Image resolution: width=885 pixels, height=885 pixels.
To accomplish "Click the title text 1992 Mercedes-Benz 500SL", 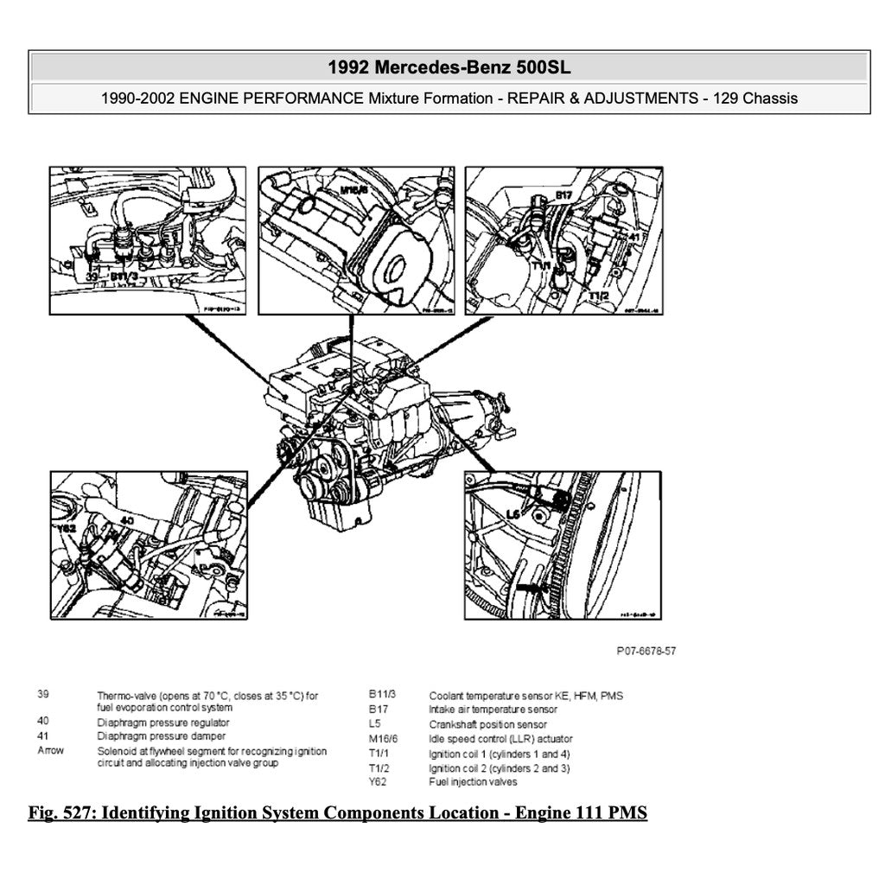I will [449, 67].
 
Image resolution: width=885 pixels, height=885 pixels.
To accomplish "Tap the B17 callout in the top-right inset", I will [563, 196].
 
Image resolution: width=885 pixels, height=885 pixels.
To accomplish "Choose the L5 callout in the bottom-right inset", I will [513, 513].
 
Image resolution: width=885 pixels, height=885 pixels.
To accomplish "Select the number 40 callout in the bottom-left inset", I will [126, 520].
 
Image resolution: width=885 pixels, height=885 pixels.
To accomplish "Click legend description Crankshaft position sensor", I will [487, 724].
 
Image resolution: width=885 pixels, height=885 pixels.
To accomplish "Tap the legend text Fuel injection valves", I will [473, 782].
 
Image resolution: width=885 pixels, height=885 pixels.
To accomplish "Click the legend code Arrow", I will [50, 750].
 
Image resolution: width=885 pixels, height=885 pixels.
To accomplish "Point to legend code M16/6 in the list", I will [383, 739].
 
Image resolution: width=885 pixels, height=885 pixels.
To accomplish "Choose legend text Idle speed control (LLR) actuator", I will [500, 739].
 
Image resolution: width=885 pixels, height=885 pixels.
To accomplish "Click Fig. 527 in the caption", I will [59, 813].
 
